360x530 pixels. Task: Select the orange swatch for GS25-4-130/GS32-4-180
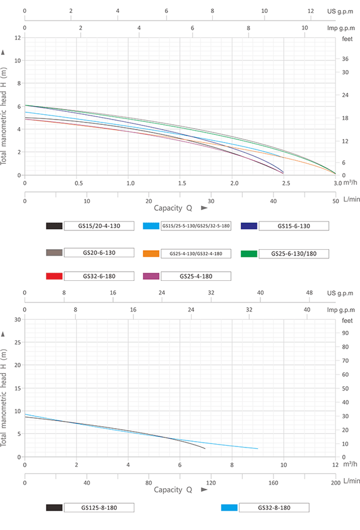coord(151,253)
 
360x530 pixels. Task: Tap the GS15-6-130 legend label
coord(293,226)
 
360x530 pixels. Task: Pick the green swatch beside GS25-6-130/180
coord(250,253)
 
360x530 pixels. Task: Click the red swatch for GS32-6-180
coord(54,276)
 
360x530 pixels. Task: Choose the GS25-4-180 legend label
coord(196,276)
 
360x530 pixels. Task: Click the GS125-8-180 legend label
coord(99,507)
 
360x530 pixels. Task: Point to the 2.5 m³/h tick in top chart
coord(286,183)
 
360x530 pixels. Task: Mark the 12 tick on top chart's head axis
coord(18,38)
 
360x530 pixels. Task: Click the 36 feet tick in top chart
coord(345,59)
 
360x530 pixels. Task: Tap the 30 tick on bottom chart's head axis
coord(17,320)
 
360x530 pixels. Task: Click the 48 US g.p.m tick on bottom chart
coord(309,293)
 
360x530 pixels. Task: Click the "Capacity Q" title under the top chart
coord(174,208)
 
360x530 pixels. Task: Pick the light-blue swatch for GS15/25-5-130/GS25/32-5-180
coord(151,226)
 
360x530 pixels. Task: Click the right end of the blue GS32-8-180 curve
coord(257,449)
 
